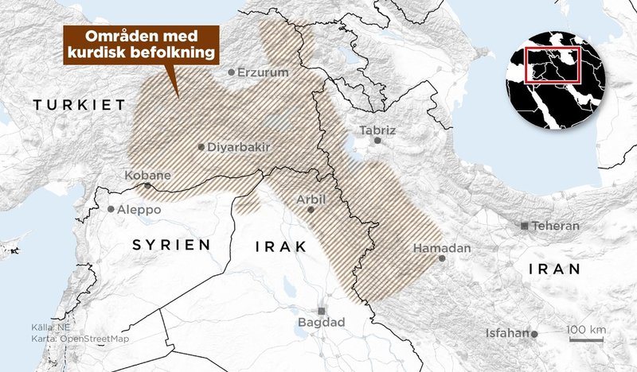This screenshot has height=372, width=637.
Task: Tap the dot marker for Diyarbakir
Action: [x=201, y=147]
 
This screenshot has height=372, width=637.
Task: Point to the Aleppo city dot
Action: [x=111, y=209]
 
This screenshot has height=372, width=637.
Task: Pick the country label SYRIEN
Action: [x=172, y=244]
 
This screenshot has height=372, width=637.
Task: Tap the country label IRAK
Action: [x=280, y=247]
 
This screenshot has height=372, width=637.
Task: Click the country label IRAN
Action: [x=554, y=270]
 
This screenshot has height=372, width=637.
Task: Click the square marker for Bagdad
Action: [x=322, y=310]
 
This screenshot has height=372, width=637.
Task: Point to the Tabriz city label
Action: [x=377, y=129]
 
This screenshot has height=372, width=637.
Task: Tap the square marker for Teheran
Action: [x=524, y=227]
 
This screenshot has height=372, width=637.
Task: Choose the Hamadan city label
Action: [x=442, y=248]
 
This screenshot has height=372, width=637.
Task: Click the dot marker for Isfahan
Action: [x=535, y=334]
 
